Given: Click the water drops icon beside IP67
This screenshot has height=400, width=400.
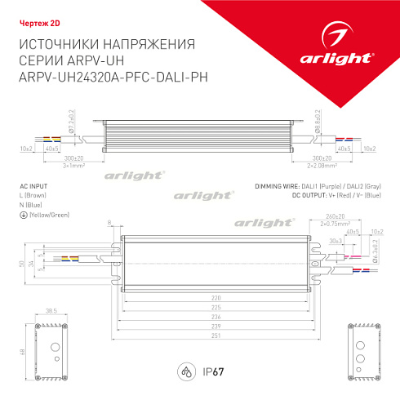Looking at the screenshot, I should point(187,371).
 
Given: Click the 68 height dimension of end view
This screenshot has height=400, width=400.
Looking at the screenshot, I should point(20,352).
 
